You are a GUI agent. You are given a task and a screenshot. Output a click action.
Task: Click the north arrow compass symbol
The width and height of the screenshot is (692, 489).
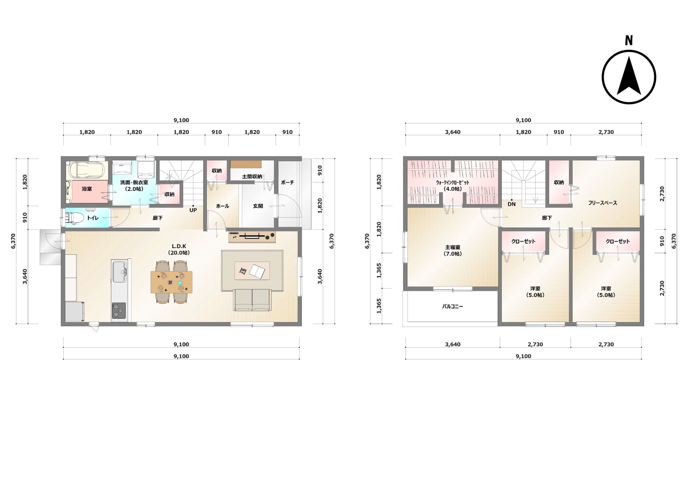tap(629, 77)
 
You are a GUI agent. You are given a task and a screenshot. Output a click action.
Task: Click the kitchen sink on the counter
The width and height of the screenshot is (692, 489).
tap(120, 272)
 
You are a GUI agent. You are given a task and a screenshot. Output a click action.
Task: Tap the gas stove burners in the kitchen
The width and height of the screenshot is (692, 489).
tap(119, 311)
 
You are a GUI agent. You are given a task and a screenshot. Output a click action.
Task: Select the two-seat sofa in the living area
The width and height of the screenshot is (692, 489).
tap(252, 300)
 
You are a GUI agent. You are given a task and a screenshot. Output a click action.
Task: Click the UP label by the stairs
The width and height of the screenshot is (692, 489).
tap(193, 210)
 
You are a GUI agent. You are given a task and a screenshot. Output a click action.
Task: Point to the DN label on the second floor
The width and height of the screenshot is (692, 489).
tap(511, 204)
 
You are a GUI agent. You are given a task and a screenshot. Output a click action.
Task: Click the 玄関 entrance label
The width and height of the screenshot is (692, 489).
tap(258, 206)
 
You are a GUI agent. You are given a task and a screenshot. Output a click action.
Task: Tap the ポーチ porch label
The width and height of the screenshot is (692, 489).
tap(288, 182)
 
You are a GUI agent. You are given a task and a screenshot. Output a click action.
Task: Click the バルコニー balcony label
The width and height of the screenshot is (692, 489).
tap(453, 306)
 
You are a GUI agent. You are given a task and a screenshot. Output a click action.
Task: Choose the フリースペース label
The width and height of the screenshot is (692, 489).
tap(603, 203)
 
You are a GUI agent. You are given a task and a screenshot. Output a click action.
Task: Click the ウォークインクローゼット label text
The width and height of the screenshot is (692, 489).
tap(453, 182)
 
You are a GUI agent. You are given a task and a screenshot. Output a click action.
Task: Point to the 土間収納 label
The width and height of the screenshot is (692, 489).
tap(252, 176)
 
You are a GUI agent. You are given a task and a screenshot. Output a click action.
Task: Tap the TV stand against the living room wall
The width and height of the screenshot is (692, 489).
tap(252, 237)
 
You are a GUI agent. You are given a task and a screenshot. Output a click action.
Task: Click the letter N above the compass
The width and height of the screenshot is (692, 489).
tap(629, 40)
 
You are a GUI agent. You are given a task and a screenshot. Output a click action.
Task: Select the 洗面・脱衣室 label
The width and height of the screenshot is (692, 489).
tap(134, 182)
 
